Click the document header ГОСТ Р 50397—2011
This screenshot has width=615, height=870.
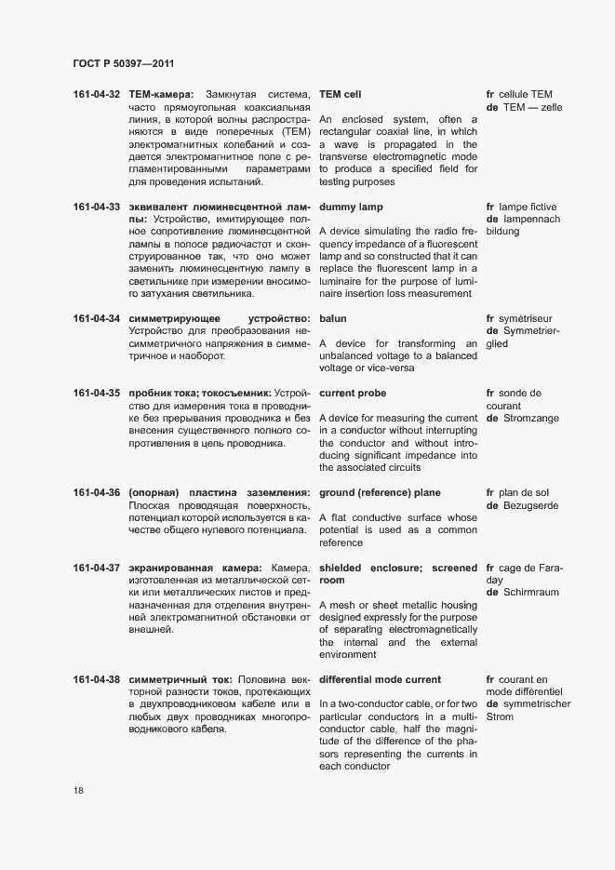tap(123, 63)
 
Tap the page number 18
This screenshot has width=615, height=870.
tap(78, 791)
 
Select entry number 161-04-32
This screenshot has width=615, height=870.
tap(97, 95)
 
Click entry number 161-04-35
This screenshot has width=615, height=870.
tap(97, 394)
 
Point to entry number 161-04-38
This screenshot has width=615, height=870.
tap(97, 679)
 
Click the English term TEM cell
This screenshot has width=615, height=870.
tap(340, 95)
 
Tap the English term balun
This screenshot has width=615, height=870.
tap(333, 319)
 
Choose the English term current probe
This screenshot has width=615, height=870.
tap(353, 394)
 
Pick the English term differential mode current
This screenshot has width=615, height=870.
tap(380, 679)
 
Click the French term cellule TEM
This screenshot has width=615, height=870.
tap(527, 95)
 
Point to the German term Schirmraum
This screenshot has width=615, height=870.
tap(532, 593)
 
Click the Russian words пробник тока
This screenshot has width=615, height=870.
tap(164, 394)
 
